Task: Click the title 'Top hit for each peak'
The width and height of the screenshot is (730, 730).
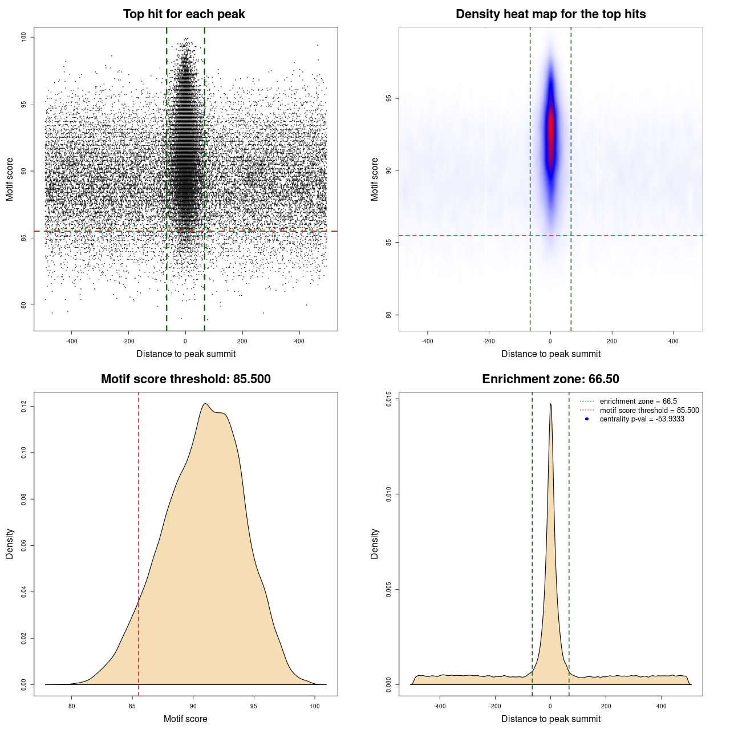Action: [184, 14]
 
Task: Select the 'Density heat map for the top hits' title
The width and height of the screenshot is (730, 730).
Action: [550, 14]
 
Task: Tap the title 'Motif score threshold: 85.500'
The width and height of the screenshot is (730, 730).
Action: [185, 379]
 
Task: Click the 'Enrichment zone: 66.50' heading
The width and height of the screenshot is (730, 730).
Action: [550, 379]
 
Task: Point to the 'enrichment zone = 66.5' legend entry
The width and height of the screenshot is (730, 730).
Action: [638, 401]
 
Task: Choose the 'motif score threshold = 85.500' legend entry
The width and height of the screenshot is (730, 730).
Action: [649, 410]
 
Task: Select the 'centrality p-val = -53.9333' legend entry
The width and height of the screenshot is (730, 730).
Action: [642, 419]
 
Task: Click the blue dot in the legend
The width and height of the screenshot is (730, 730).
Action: [587, 419]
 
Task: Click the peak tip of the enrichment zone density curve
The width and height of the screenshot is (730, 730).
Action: [550, 404]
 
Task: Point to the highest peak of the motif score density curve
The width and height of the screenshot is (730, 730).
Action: [206, 404]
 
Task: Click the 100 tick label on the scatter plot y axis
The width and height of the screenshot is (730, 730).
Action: [23, 37]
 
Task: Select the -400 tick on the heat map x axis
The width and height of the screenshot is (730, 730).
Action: [427, 341]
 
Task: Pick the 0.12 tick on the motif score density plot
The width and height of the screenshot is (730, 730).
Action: [23, 406]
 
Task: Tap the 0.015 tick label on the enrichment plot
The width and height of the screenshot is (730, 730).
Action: [388, 399]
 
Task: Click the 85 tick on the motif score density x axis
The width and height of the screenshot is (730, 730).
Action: [132, 706]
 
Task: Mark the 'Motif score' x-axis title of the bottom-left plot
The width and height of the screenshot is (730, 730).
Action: [185, 719]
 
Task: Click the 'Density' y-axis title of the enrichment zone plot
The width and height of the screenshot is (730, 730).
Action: [375, 544]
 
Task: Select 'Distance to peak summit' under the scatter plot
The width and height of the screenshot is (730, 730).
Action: [186, 354]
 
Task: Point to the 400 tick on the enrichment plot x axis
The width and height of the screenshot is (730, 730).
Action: [662, 706]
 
